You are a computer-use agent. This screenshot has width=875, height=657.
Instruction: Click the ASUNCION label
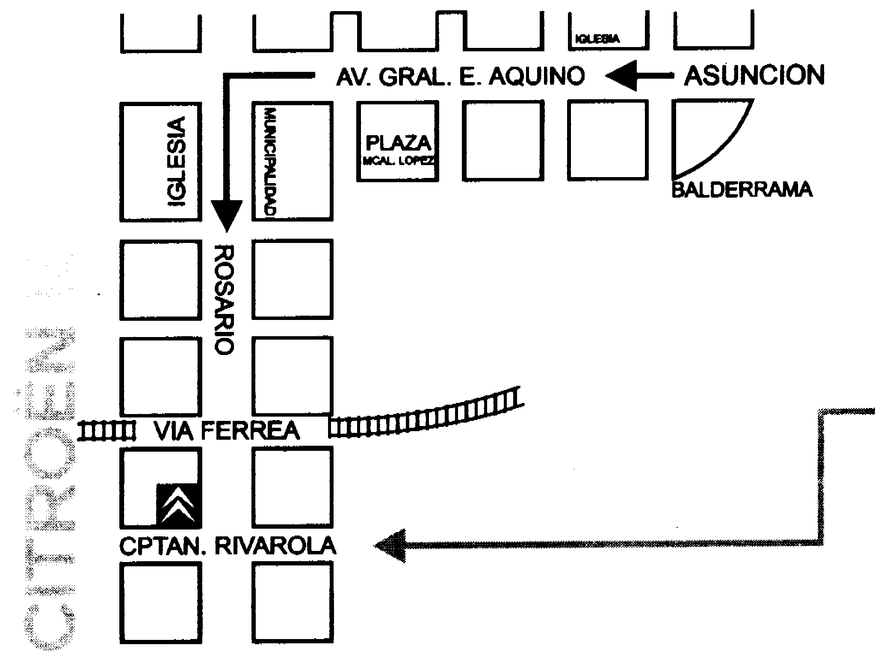pos(754,76)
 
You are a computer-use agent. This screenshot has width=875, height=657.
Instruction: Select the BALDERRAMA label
pos(742,189)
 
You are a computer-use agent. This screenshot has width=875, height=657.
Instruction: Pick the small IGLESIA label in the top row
pos(597,39)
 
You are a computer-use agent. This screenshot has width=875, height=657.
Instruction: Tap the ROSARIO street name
pos(224,299)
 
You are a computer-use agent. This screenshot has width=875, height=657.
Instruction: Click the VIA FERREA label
pos(227,431)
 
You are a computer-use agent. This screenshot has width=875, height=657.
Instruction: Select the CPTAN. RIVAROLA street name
pos(228,546)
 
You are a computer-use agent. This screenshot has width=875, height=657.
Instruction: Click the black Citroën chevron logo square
pos(179,506)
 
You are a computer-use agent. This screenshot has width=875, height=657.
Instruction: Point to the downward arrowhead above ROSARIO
pos(227,216)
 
